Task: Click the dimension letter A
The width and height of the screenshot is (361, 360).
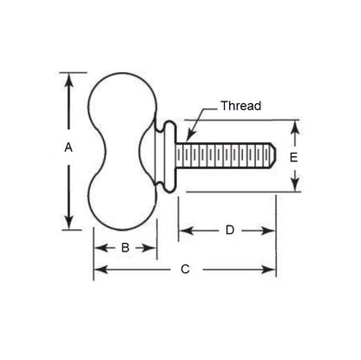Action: tap(69, 148)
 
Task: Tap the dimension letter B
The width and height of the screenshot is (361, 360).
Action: tap(125, 247)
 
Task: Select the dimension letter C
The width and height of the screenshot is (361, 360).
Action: tap(185, 270)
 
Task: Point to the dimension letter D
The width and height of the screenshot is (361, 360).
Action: tap(229, 231)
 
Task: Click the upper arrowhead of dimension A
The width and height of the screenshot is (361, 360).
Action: tap(69, 76)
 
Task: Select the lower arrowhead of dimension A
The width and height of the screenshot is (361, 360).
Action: tap(69, 223)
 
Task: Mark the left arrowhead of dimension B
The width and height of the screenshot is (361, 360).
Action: tap(97, 247)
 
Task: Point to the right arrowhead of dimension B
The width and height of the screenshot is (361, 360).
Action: tap(154, 247)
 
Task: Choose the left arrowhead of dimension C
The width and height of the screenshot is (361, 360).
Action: tap(97, 270)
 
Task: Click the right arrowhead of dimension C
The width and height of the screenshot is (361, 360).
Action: tap(273, 270)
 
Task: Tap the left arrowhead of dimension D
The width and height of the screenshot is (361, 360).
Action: tap(183, 231)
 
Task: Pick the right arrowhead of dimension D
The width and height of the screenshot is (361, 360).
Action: tap(273, 231)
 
